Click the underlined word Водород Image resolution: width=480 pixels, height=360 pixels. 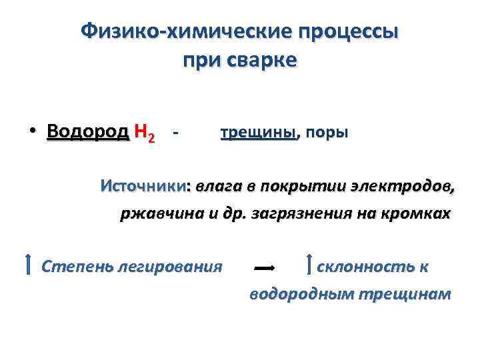88,131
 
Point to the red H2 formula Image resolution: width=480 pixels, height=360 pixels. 145,133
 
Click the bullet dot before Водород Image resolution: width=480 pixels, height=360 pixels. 31,131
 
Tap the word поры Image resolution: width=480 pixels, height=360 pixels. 327,132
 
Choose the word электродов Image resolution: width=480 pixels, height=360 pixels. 411,186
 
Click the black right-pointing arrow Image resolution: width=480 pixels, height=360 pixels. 265,267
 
